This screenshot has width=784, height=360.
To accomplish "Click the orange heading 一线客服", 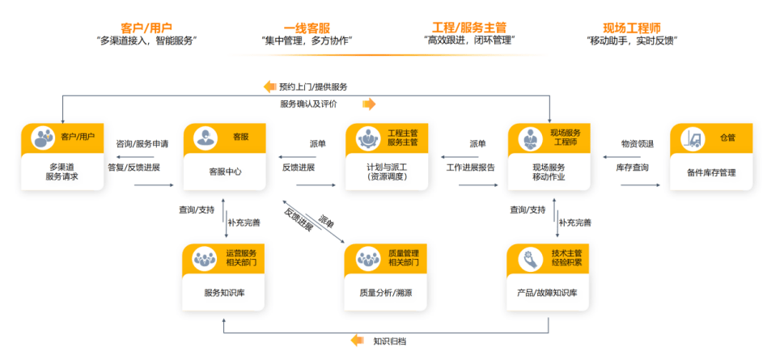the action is tap(307, 28).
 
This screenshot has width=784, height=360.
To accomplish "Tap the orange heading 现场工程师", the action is tap(632, 28).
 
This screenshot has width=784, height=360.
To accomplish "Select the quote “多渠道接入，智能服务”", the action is tap(146, 41).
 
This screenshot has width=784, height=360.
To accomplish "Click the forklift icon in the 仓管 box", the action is tap(693, 138).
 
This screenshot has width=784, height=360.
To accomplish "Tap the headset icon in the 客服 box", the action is tap(206, 138).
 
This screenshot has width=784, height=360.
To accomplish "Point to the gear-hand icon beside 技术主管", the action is tap(531, 260).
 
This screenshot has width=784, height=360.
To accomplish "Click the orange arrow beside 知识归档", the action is tap(358, 341).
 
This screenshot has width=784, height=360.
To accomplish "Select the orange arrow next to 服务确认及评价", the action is tap(369, 104).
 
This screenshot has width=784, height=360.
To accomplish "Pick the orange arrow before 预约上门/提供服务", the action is tap(270, 86).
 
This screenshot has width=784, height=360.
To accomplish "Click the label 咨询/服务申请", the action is tap(142, 144).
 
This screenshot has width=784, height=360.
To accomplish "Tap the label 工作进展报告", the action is tap(471, 167).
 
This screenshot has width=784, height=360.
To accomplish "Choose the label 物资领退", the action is tap(638, 144).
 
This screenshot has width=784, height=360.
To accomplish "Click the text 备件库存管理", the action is tap(711, 173).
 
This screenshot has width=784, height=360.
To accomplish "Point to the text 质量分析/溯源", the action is tap(386, 293).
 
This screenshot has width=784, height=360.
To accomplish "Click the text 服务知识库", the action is tap(224, 293).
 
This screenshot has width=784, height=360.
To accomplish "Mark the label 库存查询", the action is tap(632, 167).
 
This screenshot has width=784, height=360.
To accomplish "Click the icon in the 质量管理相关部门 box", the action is tap(368, 260).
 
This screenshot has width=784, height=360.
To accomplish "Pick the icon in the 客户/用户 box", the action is tap(43, 138).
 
